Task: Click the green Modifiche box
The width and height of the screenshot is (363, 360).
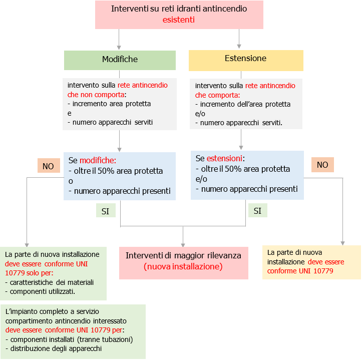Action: coord(120,60)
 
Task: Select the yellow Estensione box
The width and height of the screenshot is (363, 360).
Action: coord(245,59)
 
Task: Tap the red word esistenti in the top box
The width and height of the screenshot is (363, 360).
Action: coord(179,20)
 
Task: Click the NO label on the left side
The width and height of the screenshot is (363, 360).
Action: coord(48,166)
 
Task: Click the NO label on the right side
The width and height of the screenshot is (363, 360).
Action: coord(322,165)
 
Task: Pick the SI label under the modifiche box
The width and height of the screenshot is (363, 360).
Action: coord(105,211)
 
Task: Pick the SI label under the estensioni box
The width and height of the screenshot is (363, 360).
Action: coord(257,211)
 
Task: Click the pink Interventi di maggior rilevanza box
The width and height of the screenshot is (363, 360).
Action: coord(183,261)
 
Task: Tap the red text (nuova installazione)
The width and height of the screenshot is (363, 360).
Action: coord(183,267)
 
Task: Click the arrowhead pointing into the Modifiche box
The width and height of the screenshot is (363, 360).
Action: coord(119,47)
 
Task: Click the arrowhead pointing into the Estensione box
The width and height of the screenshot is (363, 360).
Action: coord(240,47)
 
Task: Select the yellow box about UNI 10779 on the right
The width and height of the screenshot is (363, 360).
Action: coord(311,261)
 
